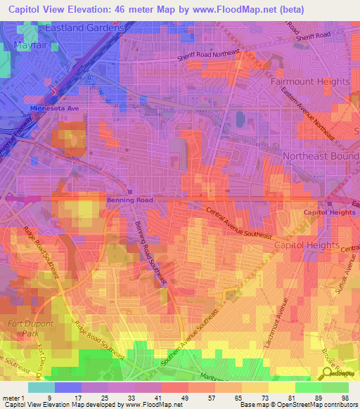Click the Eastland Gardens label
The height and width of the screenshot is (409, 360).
[84, 27]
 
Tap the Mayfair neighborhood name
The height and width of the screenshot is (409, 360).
[30, 46]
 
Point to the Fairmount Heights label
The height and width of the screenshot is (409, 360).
[310, 82]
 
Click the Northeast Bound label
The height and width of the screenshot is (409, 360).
[320, 155]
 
